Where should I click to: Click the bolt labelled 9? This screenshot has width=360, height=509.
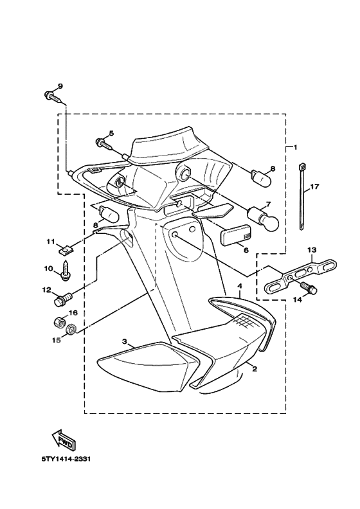click(x=51, y=97)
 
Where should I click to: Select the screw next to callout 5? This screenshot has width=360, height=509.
click(x=103, y=143)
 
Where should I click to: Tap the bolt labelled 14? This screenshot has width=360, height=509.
click(x=311, y=290)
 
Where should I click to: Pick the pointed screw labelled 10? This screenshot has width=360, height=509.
click(x=66, y=271)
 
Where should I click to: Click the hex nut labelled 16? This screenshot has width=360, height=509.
click(x=57, y=321)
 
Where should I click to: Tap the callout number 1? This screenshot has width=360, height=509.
click(x=295, y=147)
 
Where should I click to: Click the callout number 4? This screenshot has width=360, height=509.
click(x=239, y=285)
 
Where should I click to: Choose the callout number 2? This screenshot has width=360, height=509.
click(x=254, y=370)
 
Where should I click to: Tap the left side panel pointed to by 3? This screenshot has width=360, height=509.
click(x=141, y=366)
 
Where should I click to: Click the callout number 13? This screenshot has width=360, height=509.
click(x=312, y=249)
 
